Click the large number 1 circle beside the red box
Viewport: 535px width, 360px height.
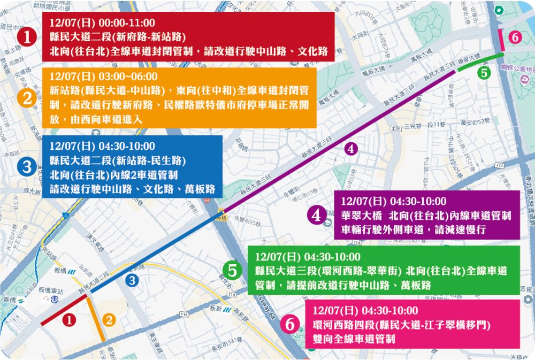tap(27, 37)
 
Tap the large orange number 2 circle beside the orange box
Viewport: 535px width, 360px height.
tap(27, 98)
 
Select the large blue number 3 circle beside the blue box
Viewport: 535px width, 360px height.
tap(27, 167)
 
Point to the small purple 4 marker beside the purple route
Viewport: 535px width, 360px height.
tap(350, 149)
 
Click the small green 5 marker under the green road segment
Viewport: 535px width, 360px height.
tap(484, 73)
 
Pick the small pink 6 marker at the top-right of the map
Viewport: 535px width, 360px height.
tap(514, 37)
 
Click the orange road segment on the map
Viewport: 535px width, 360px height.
tap(96, 319)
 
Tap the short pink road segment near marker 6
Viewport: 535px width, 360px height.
tap(500, 39)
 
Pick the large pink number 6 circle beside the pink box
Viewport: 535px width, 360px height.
tap(290, 324)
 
